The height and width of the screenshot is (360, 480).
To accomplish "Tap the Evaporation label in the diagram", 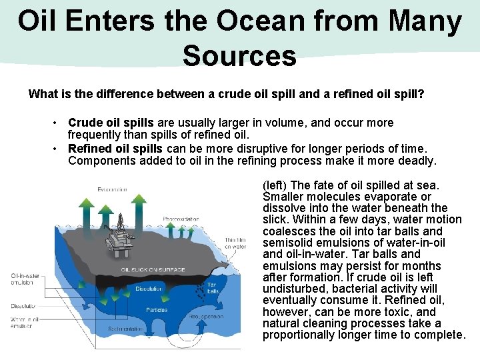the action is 112,189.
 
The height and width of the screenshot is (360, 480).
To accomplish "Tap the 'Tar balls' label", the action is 213,287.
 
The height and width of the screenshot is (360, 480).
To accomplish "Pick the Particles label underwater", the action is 157,309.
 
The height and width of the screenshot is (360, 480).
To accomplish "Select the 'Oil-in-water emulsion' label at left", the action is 24,279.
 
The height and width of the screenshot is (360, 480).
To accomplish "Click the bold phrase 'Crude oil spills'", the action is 111,123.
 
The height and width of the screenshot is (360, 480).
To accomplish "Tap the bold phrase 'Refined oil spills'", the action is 115,148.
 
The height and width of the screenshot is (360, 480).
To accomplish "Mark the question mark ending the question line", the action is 421,94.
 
